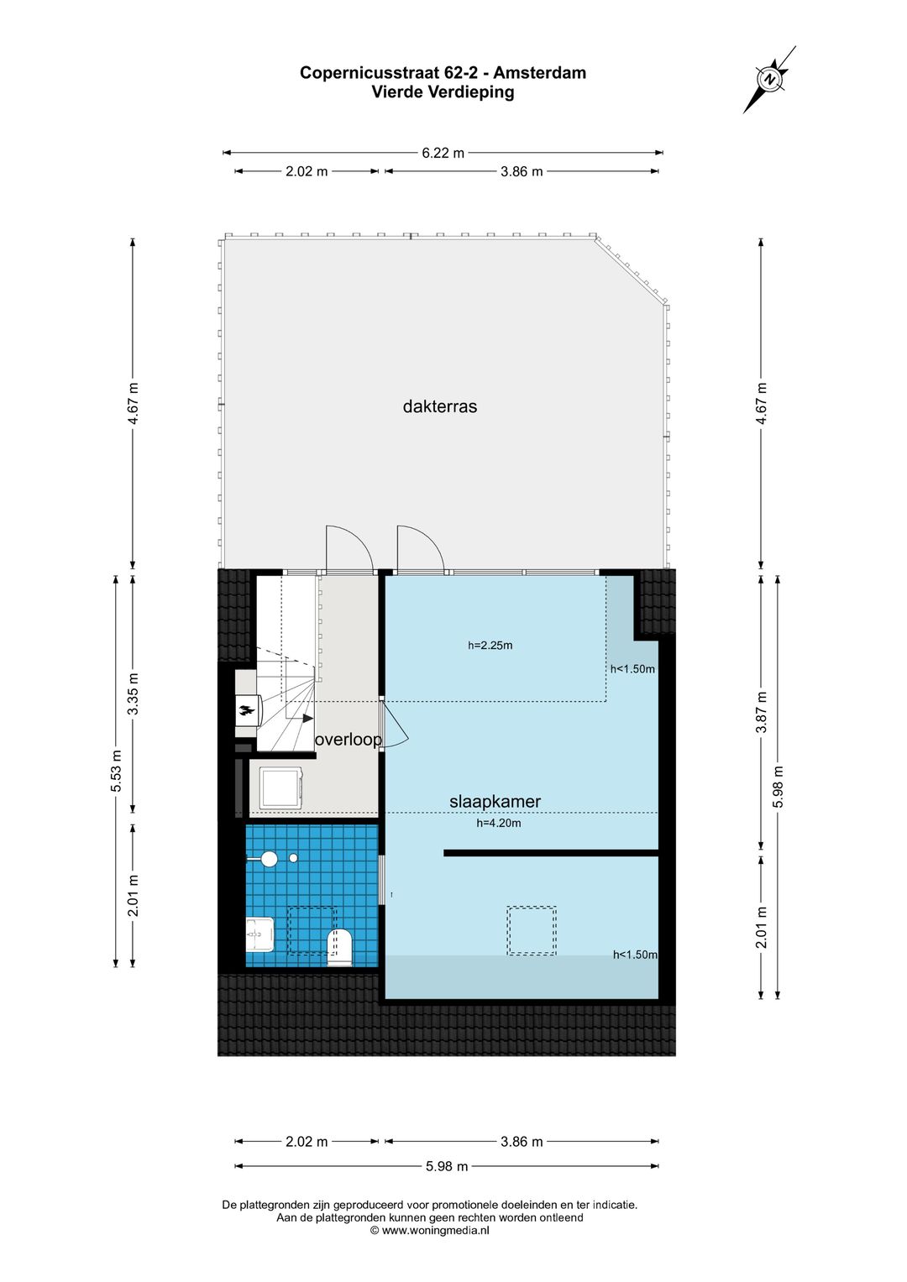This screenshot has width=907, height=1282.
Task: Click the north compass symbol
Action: tap(769, 79)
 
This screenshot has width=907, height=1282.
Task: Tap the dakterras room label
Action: tap(439, 406)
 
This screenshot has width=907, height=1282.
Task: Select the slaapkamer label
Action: tap(495, 802)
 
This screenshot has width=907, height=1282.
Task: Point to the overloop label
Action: tap(348, 740)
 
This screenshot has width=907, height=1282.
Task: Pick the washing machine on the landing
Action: tap(280, 789)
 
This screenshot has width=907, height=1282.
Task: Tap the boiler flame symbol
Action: tap(247, 712)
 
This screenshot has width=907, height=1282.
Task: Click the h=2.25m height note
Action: tap(490, 646)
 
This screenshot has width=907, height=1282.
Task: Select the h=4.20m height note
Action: tap(498, 824)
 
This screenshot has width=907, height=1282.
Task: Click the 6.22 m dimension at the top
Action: tap(443, 153)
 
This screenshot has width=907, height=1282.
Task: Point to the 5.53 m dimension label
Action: tap(117, 771)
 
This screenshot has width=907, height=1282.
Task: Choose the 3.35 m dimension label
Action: tap(133, 694)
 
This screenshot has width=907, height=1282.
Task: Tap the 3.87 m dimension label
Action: tap(762, 712)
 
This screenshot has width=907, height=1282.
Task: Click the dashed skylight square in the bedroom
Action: tap(531, 930)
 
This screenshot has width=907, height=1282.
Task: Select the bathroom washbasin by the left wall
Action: tap(260, 934)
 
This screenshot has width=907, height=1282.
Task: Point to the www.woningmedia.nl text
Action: tap(435, 1231)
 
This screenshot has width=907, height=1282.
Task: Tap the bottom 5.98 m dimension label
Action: tap(447, 1166)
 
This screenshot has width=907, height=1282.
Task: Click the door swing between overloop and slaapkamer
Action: tap(395, 725)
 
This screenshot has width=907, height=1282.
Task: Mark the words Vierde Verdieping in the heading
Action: tap(443, 92)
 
